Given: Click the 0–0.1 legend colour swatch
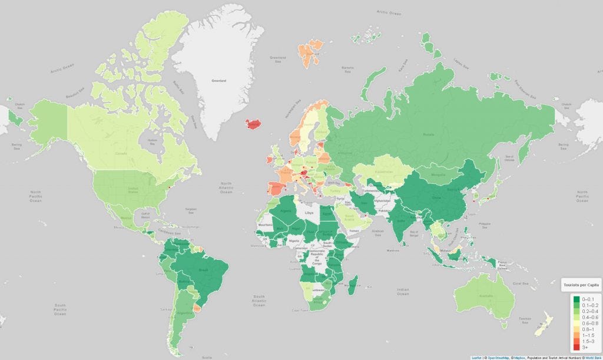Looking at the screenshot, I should [x=577, y=299].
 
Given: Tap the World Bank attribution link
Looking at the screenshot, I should [x=592, y=357].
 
